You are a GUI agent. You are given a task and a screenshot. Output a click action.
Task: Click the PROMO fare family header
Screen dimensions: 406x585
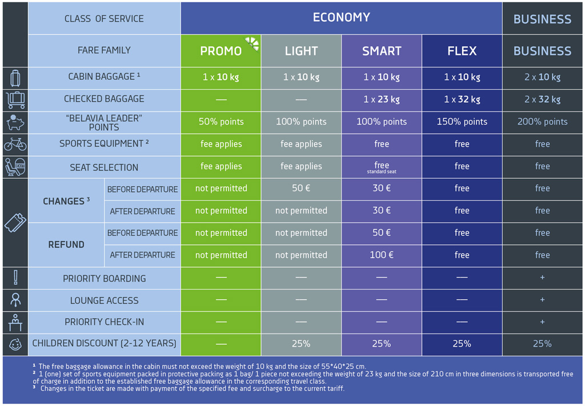point(221,51)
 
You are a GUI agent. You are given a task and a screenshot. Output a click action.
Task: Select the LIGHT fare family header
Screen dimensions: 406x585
point(301,51)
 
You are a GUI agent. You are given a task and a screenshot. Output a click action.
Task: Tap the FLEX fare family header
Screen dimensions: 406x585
point(462,51)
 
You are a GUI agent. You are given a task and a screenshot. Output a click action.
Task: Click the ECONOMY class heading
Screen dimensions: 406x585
point(341,18)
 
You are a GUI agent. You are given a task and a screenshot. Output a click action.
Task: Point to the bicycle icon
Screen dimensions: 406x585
point(15,144)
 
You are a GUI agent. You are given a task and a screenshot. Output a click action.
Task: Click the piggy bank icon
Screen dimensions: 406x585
point(15,122)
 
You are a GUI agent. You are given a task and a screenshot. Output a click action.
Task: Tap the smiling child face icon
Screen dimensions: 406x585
point(15,344)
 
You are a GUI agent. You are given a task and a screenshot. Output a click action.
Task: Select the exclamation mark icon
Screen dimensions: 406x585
point(15,278)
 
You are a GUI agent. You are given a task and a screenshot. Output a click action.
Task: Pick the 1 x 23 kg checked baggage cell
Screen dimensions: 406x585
point(382,99)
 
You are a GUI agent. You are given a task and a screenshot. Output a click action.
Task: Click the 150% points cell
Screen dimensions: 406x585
point(462,122)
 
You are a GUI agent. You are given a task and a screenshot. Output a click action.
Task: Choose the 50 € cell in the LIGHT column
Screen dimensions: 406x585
point(301,188)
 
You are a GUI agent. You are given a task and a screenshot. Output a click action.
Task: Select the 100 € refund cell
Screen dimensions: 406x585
point(382,255)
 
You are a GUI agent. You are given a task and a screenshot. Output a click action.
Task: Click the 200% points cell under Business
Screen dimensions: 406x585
point(542,122)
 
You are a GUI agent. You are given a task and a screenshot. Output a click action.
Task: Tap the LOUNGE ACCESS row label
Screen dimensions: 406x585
point(104,300)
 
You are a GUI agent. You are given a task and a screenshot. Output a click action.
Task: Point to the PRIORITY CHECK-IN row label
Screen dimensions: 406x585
point(104,322)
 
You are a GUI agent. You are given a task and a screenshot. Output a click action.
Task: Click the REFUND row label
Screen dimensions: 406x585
point(66,244)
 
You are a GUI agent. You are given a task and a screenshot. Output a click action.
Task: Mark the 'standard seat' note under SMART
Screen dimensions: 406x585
point(382,172)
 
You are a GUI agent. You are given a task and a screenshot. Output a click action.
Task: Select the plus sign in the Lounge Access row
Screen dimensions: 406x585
point(542,300)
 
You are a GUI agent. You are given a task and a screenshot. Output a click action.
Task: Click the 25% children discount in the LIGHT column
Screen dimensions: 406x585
point(301,344)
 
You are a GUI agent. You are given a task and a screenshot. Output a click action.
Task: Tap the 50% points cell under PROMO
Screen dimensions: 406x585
point(221,122)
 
